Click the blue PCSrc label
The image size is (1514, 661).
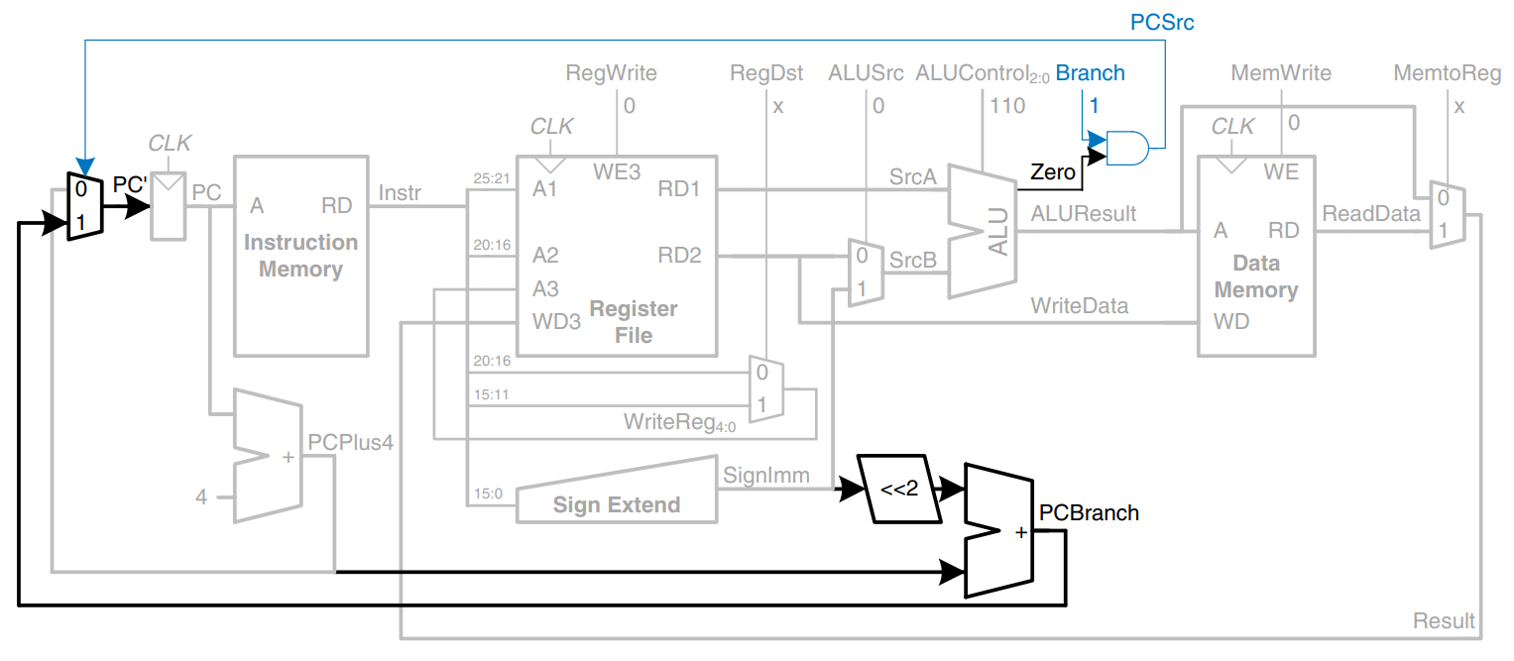point(1162,21)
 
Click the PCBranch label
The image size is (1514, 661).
point(1089,512)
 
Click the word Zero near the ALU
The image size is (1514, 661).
point(1053,172)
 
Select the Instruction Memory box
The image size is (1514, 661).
point(300,255)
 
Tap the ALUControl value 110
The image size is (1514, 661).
point(1006,105)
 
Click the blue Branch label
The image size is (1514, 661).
point(1090,73)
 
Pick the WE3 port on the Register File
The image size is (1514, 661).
point(617,171)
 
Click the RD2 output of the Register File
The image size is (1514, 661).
point(679,256)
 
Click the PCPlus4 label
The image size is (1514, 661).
point(351,442)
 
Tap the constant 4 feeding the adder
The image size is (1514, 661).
point(201,496)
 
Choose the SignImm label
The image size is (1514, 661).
point(766,476)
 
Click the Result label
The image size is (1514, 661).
point(1444,621)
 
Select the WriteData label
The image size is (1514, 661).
point(1079,306)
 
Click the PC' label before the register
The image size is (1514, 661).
point(130,185)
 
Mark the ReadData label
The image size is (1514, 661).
point(1371,213)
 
